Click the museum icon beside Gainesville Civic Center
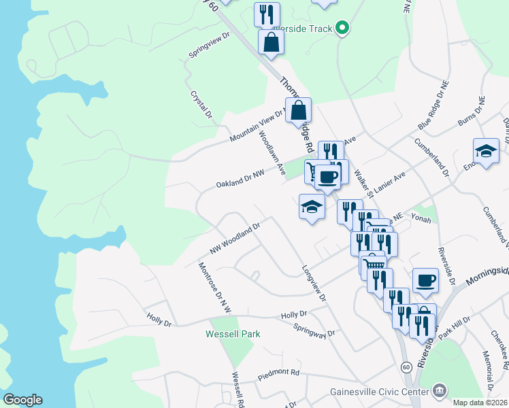click(x=440, y=390)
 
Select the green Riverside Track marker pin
click(x=343, y=29)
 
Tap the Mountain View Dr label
click(x=259, y=125)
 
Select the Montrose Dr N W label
click(x=214, y=288)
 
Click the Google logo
click(x=22, y=400)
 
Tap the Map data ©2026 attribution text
click(x=480, y=403)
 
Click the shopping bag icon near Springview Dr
click(x=271, y=42)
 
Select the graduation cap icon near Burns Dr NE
click(x=486, y=152)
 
